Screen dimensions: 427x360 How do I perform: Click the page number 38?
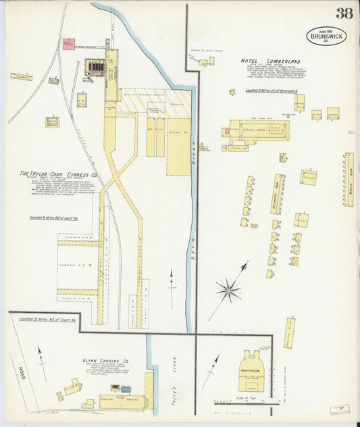[342, 13]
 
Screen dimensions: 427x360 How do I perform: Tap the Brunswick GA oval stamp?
[326, 36]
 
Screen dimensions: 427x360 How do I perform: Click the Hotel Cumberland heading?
[270, 61]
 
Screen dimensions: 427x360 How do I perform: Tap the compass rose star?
[228, 291]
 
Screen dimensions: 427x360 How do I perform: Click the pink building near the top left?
[68, 44]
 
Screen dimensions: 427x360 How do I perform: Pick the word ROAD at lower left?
[22, 372]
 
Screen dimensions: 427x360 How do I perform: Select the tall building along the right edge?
[349, 179]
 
